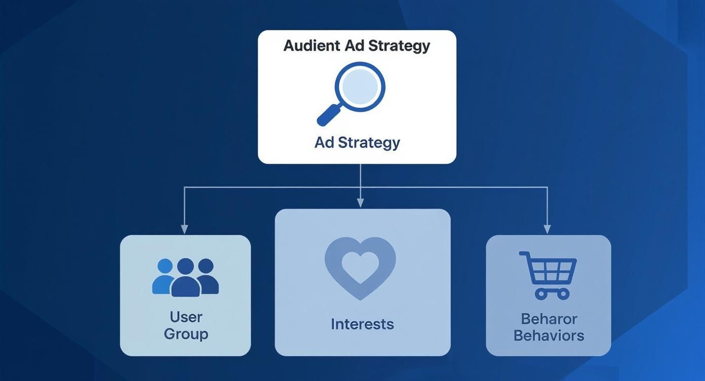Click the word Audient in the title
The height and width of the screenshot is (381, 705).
[311, 46]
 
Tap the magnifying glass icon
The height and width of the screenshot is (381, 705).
[355, 91]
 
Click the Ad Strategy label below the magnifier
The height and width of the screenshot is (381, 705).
[357, 142]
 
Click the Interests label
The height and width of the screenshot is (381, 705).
[362, 324]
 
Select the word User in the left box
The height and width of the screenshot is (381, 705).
[186, 317]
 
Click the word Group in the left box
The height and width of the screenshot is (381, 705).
[186, 334]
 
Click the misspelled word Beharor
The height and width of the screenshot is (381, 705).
[549, 319]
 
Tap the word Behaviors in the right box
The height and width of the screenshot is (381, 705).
[549, 335]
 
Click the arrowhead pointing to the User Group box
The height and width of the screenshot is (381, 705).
[184, 230]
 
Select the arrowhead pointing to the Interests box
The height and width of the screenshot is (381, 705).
[360, 203]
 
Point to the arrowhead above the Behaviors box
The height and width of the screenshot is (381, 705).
[547, 230]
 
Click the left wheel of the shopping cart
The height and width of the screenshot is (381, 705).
[540, 293]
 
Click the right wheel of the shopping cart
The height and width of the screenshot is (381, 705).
[562, 293]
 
